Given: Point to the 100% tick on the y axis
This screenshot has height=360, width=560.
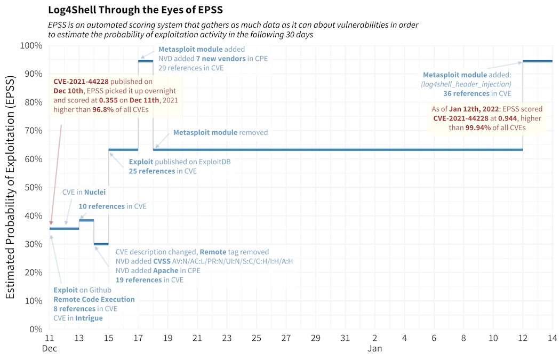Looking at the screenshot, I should [x=31, y=45].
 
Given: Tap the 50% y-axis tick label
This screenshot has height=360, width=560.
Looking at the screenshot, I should [x=33, y=187].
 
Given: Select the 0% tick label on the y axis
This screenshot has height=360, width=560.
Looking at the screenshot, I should [x=35, y=329].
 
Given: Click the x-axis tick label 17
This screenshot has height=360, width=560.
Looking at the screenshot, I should [x=138, y=338].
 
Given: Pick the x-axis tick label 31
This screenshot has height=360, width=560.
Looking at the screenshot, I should [x=345, y=338].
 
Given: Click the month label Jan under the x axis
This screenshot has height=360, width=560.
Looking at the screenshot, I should [x=374, y=349].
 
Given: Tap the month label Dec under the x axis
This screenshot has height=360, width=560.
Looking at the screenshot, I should [x=49, y=349].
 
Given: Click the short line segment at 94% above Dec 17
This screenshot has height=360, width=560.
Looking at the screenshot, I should [x=146, y=61].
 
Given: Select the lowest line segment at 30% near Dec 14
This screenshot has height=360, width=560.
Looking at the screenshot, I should [x=101, y=244].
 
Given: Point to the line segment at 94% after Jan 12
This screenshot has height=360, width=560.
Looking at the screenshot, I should [x=537, y=61].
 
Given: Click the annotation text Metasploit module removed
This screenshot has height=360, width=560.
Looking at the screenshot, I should [x=220, y=132].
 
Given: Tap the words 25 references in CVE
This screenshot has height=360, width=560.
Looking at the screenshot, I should [x=163, y=171].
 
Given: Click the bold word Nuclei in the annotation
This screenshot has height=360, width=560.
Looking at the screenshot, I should [x=94, y=192].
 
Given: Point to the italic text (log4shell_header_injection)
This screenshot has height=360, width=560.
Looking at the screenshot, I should [x=466, y=84].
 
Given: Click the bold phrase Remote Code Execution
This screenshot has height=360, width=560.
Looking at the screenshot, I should [x=94, y=299].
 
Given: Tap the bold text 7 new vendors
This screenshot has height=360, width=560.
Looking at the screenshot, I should [x=221, y=59].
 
